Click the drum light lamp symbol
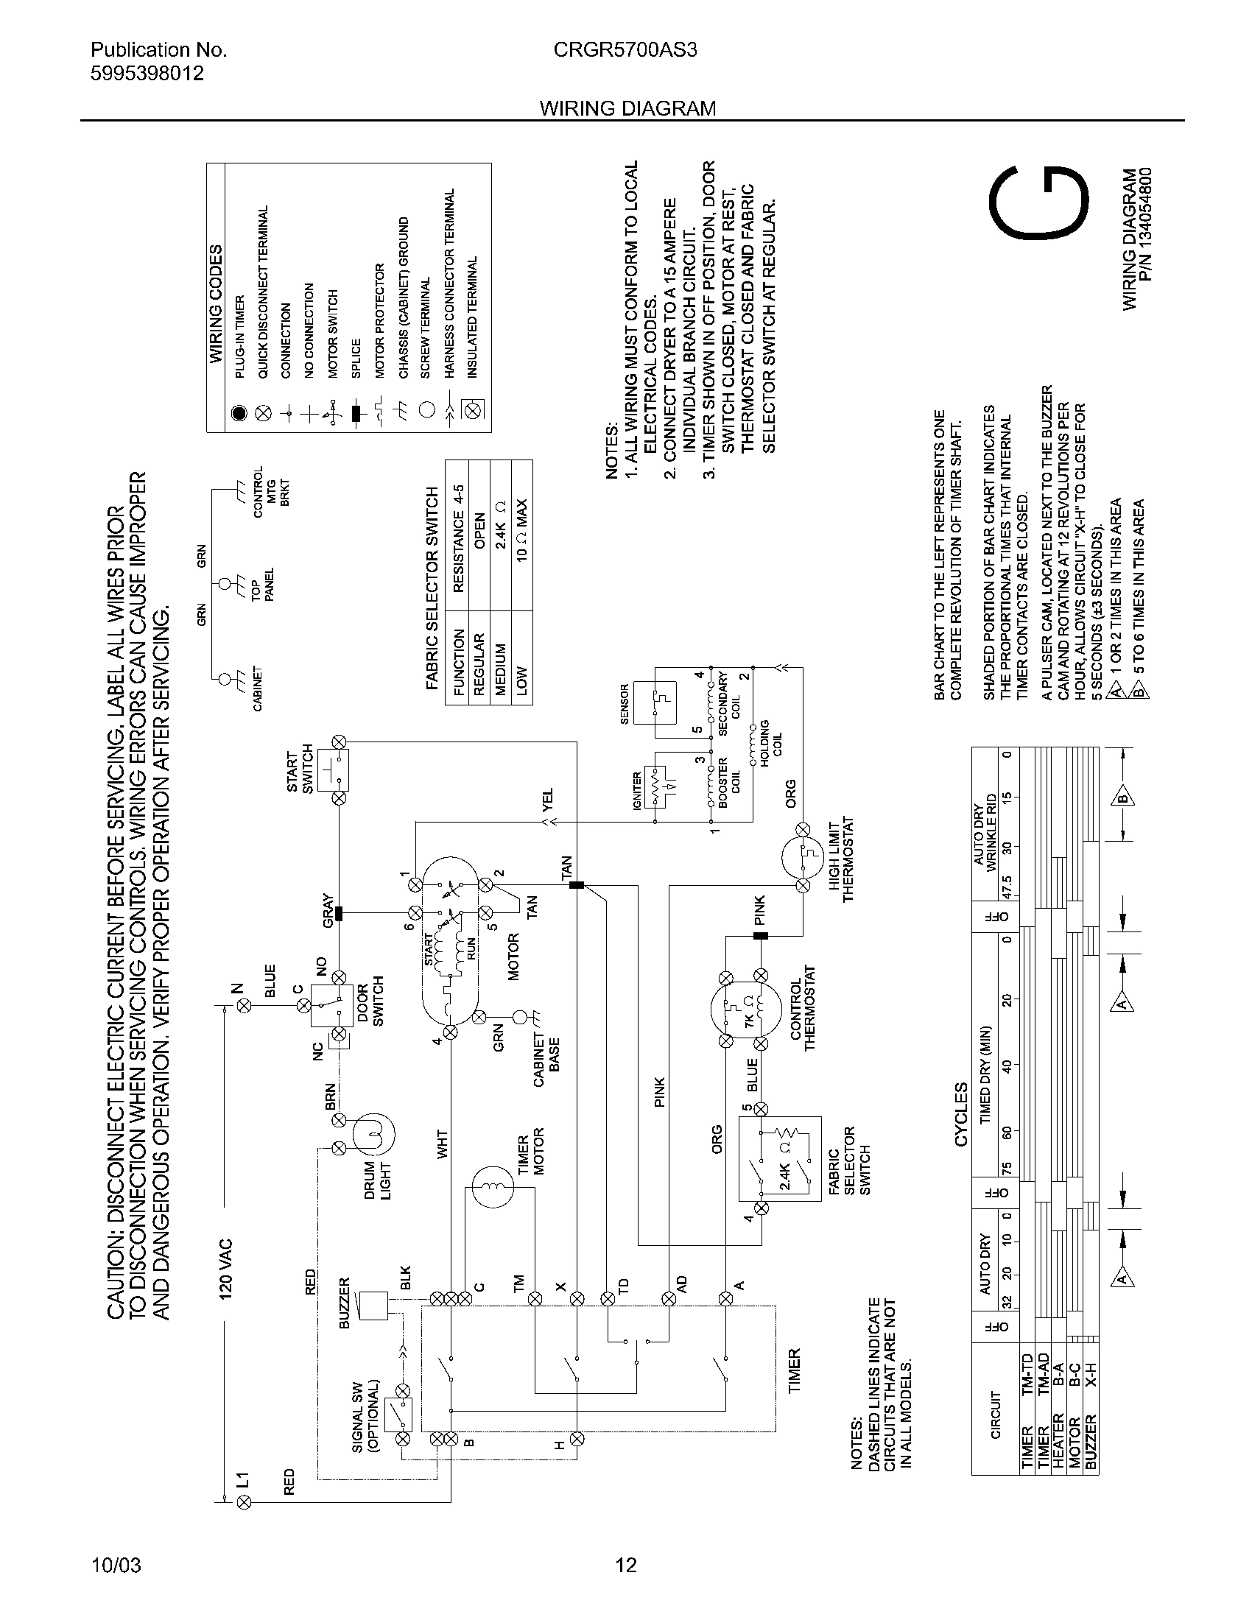373,1135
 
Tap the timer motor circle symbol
493,1188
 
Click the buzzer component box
373,1306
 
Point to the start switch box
333,770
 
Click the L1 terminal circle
244,1502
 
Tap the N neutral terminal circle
244,1006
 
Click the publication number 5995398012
147,74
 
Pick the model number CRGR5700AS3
625,49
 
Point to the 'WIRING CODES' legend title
216,304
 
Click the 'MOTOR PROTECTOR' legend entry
380,320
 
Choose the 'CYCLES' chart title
961,1114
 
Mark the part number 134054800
1146,225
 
